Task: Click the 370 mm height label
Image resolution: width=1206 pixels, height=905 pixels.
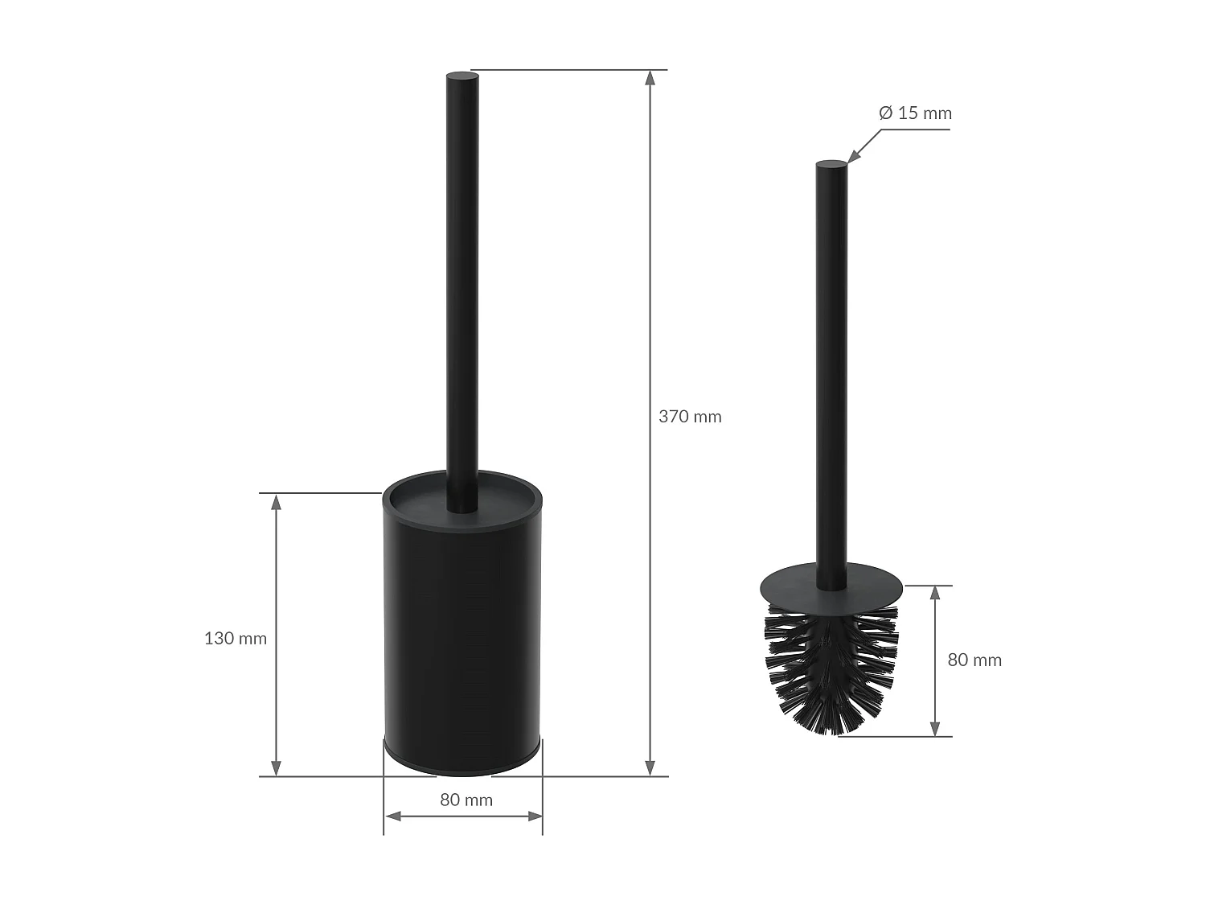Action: tap(690, 417)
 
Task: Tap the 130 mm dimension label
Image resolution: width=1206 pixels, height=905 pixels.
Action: tap(235, 639)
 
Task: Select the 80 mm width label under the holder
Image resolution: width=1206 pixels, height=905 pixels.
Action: tap(466, 800)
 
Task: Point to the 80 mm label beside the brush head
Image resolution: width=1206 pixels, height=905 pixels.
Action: tap(974, 660)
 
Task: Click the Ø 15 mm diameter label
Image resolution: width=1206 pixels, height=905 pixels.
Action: tap(915, 113)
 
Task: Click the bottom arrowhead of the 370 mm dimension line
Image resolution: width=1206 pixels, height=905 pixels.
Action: tap(650, 768)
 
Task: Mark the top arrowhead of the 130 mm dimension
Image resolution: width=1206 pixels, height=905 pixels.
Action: tap(276, 502)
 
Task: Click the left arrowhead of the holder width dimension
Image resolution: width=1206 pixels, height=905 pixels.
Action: tap(392, 816)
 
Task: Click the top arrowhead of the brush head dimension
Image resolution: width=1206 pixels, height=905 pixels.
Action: tap(935, 594)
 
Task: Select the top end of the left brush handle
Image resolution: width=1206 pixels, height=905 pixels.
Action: tap(462, 77)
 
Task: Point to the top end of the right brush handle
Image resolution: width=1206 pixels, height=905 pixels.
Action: tap(831, 166)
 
